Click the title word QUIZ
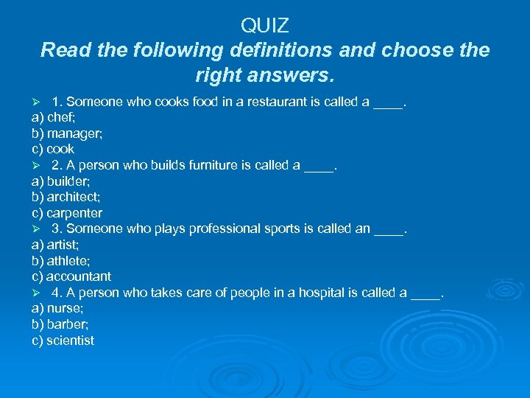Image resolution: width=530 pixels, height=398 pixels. (265, 26)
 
